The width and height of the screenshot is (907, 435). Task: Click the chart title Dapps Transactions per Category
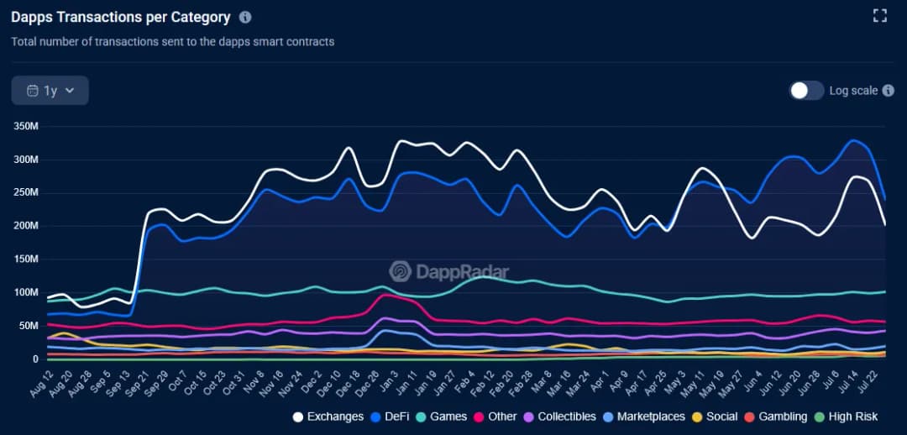click(x=120, y=17)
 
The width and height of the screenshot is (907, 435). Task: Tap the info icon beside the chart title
click(x=245, y=17)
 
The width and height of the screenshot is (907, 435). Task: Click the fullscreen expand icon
click(x=880, y=15)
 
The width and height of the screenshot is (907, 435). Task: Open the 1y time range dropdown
click(x=50, y=91)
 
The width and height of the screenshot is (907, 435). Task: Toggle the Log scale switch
click(x=806, y=91)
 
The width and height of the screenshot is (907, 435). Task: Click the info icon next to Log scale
click(x=889, y=91)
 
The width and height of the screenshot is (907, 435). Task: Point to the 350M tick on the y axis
click(x=24, y=126)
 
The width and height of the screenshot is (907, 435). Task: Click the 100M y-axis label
click(x=24, y=292)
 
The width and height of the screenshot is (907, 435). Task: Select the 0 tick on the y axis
click(x=35, y=359)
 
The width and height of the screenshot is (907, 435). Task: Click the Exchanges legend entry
click(x=328, y=417)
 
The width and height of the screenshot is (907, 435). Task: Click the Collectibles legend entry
click(x=559, y=417)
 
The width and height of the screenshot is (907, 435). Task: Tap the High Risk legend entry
click(x=846, y=417)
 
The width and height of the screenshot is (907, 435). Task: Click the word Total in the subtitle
click(x=24, y=41)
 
